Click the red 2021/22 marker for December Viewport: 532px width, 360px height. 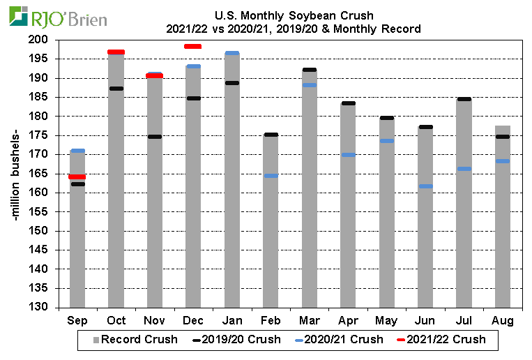(x=193, y=47)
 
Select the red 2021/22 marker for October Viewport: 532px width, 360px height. (x=116, y=52)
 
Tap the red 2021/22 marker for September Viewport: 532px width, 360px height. (x=77, y=177)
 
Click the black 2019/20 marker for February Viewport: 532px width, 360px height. (x=271, y=135)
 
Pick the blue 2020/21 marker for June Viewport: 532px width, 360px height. (x=425, y=186)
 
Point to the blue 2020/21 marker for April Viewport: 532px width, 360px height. (x=348, y=155)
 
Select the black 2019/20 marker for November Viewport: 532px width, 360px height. (x=155, y=137)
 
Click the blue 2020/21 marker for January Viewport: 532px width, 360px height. (x=232, y=53)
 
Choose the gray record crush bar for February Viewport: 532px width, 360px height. (x=271, y=223)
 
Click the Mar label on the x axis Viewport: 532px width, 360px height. (x=309, y=321)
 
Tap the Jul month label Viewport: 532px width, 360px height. (x=464, y=321)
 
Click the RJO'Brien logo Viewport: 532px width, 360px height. (x=59, y=17)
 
